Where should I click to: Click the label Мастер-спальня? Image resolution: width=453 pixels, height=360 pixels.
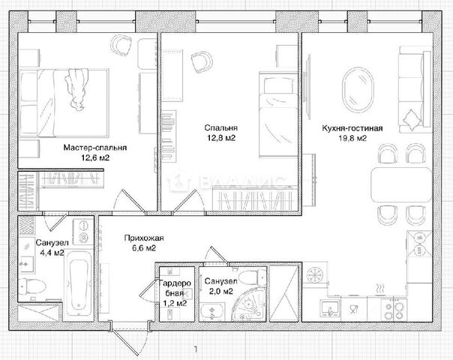point(95,148)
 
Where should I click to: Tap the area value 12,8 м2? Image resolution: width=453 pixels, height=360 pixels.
point(221,138)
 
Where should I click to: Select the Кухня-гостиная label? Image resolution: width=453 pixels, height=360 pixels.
point(352,128)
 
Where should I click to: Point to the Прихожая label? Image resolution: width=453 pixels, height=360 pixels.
point(144,238)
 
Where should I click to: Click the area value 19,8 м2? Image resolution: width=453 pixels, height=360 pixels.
point(352,139)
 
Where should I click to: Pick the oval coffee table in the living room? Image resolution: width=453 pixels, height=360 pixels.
point(358,89)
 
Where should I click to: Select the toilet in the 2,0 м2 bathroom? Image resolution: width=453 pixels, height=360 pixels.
point(252,277)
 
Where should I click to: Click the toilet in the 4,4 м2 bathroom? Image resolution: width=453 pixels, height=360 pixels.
point(32,287)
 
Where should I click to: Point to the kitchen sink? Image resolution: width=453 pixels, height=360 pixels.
point(330,310)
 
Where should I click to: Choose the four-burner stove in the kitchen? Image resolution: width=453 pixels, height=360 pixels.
point(394,310)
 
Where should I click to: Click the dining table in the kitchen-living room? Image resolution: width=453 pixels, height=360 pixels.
point(401,185)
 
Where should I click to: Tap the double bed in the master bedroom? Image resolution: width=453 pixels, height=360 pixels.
point(64,103)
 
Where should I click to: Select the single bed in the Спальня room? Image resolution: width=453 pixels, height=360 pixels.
point(278,115)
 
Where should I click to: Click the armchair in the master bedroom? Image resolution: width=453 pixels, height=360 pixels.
point(122,45)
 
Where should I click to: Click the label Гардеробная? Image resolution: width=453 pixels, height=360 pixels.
point(175,288)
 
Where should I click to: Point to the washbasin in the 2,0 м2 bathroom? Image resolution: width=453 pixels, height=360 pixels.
point(211,312)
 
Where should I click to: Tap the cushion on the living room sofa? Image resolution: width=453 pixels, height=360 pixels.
point(410,118)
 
